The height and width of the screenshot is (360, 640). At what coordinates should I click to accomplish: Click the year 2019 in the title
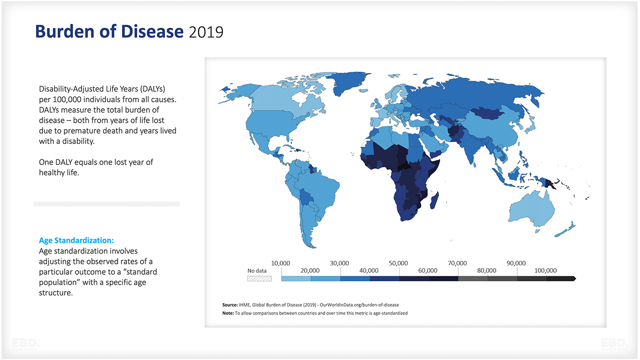tap(206, 32)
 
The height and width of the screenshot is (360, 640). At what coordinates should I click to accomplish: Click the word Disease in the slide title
tap(152, 31)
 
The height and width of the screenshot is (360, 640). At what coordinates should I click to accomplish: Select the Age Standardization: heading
tap(76, 240)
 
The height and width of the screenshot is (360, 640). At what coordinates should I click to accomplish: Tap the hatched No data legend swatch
tap(259, 278)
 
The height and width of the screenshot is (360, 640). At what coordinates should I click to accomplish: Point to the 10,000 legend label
tap(281, 263)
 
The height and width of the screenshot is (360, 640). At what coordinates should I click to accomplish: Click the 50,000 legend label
tap(398, 263)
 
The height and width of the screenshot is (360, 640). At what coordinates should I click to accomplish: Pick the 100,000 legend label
tap(545, 270)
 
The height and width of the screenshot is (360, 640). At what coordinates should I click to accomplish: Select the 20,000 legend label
tap(310, 270)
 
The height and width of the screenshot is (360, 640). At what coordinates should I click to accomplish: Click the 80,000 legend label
tap(486, 270)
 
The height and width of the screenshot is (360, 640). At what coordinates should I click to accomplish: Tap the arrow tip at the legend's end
tap(574, 278)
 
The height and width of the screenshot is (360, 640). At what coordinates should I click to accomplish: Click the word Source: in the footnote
tap(230, 305)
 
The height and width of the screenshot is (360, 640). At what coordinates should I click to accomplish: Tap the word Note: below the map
tap(228, 313)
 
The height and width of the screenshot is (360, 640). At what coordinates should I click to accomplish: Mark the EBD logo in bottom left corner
tap(26, 344)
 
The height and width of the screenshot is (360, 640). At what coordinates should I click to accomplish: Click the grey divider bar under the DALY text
tap(106, 204)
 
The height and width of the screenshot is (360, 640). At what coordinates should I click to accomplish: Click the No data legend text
tap(257, 270)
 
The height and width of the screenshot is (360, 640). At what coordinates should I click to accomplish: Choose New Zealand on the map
tap(565, 230)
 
